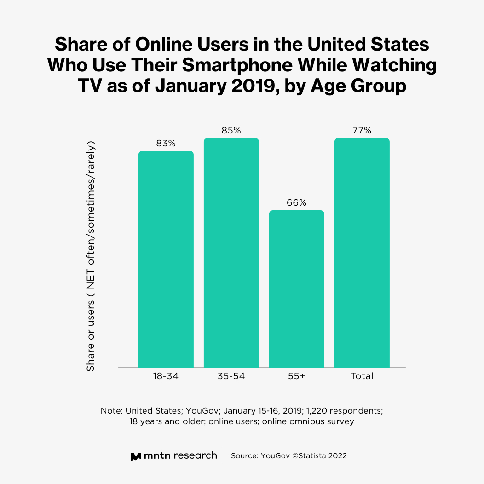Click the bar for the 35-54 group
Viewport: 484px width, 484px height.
coord(231,253)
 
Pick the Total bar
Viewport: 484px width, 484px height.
coord(362,253)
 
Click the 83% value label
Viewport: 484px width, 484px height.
coord(166,143)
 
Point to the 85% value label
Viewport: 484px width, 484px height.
coord(231,130)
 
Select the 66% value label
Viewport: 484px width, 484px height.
coord(296,202)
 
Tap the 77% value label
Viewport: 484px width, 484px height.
coord(362,130)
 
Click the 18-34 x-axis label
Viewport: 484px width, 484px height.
coord(166,376)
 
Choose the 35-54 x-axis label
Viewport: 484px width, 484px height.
coord(231,376)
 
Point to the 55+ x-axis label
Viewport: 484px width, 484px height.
coord(296,376)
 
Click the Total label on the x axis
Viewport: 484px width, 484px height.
coord(362,376)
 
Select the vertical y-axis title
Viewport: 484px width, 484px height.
coord(91,256)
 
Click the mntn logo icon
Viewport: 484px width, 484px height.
coord(136,456)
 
